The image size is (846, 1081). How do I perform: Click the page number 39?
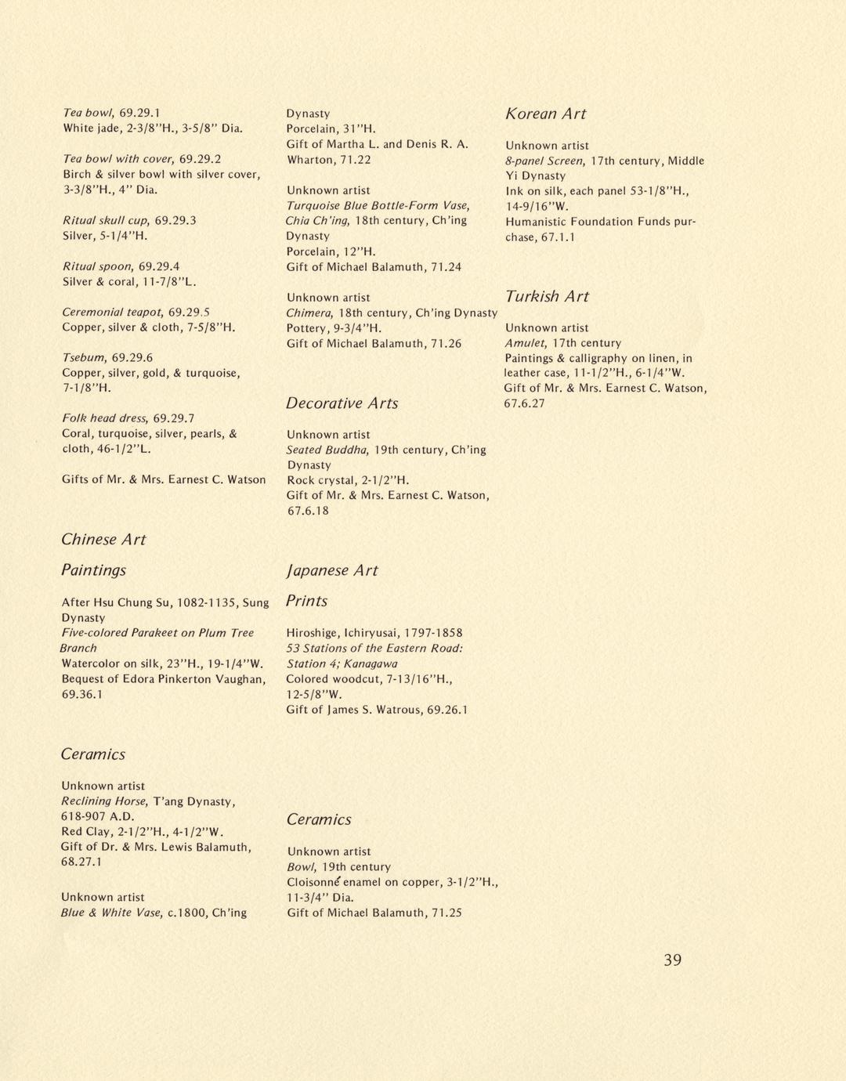672,960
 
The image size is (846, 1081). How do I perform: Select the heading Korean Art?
545,114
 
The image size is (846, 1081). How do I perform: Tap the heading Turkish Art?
547,296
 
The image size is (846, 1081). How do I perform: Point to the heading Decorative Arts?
342,403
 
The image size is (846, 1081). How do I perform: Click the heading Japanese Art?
331,570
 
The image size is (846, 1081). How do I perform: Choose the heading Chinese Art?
103,539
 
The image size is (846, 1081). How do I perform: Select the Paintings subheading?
93,570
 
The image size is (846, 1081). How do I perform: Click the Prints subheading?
306,601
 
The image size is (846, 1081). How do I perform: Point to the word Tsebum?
83,357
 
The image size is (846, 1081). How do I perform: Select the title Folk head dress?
104,418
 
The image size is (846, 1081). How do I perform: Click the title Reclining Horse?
103,801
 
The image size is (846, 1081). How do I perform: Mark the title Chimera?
310,313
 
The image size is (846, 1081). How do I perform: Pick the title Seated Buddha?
327,450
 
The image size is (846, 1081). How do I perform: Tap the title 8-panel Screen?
544,161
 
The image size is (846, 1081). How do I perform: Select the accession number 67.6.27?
524,403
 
